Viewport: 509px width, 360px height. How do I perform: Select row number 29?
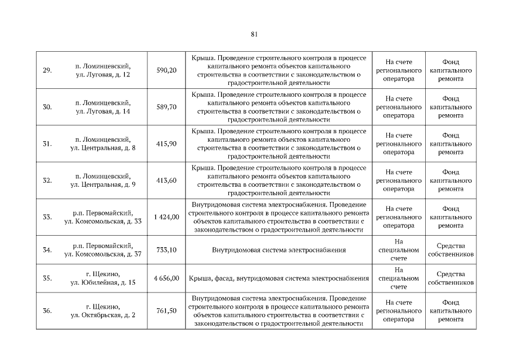[x=47, y=70]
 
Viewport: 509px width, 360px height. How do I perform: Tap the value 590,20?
[x=166, y=70]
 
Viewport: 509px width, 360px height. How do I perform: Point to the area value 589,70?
[x=166, y=107]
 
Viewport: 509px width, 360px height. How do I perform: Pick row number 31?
[x=47, y=144]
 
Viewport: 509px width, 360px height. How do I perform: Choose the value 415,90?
[x=166, y=144]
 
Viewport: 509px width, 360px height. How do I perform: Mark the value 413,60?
[x=166, y=181]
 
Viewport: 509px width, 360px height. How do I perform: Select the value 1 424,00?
[x=165, y=217]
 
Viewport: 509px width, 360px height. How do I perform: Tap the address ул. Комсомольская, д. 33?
[x=103, y=222]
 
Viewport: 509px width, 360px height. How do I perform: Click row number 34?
[x=47, y=250]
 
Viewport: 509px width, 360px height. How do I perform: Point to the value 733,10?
[x=166, y=250]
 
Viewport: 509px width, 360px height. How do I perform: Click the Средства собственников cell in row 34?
[x=450, y=250]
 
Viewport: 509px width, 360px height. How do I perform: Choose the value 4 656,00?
[x=165, y=278]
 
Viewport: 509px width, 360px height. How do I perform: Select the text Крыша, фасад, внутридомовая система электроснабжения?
[x=279, y=278]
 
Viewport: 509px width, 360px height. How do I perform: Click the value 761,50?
[x=166, y=310]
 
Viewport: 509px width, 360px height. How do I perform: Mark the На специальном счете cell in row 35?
[x=399, y=278]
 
